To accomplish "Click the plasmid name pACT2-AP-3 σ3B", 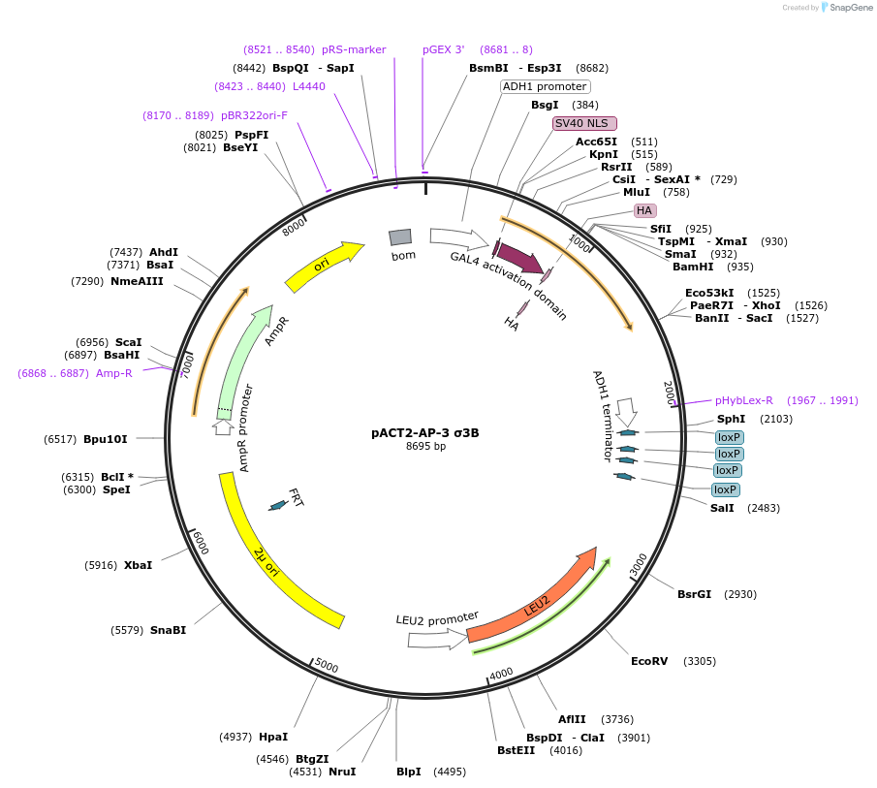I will click(x=424, y=433).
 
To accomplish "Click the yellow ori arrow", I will click(x=324, y=266).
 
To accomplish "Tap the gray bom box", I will click(x=400, y=237).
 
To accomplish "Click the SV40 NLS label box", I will click(x=581, y=123).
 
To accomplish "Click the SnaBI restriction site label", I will click(x=168, y=630).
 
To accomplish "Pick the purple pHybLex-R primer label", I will click(x=744, y=400).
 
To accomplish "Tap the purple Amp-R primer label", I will click(x=114, y=373).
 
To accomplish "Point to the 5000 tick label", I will click(x=327, y=666).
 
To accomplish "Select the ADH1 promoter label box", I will click(x=545, y=86).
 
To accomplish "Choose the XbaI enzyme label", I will click(x=138, y=565).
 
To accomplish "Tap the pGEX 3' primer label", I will click(x=444, y=49).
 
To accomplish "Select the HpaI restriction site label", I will click(x=273, y=737).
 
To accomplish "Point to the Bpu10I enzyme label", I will click(x=106, y=439).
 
